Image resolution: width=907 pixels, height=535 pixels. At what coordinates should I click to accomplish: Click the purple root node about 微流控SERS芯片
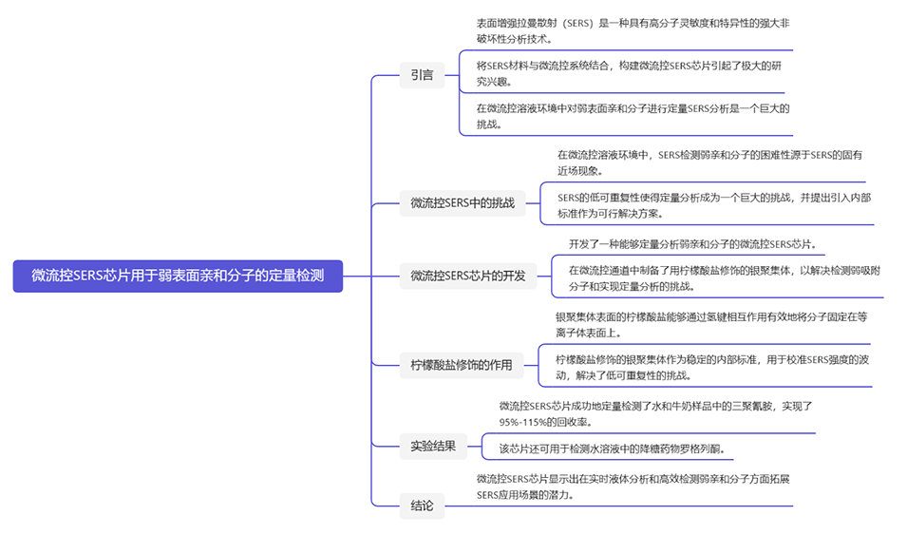pos(178,277)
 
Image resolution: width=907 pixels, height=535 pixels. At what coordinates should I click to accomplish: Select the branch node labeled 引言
pos(422,75)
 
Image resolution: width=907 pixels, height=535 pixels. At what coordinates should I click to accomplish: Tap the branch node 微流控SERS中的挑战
pos(462,202)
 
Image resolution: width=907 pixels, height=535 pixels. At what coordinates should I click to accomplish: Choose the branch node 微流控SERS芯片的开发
pos(467,277)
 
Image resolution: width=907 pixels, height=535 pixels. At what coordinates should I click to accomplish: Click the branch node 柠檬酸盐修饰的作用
pos(461,365)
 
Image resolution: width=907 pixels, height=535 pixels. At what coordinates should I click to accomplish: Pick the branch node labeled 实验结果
pos(433,445)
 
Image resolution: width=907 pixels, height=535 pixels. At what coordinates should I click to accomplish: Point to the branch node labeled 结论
pos(422,506)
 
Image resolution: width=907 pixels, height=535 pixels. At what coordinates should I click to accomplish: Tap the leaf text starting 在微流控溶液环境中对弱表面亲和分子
pos(632,116)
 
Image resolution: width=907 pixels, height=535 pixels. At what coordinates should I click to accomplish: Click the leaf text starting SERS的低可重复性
pos(713,205)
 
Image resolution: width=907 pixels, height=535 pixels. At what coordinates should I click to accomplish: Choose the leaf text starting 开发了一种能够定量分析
pos(692,244)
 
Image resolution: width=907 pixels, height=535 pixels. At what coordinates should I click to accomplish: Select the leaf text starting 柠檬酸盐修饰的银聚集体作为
pos(711,367)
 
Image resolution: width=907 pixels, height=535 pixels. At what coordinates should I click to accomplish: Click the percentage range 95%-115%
pos(527,422)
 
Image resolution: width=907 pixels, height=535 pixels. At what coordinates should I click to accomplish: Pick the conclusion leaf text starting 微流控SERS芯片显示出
pos(633,487)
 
